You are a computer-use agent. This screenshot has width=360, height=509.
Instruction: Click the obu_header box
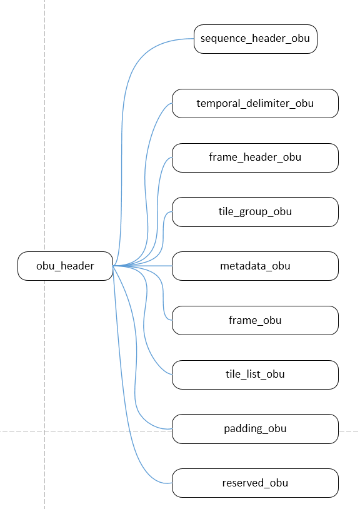coord(65,266)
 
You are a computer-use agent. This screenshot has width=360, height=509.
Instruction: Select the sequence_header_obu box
coord(255,39)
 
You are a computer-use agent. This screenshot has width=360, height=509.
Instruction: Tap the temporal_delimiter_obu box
coord(255,103)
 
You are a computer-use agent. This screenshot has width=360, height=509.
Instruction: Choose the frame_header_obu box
coord(255,158)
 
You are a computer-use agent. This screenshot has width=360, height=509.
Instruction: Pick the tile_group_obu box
coord(255,212)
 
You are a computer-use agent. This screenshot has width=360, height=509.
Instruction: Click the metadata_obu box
coord(255,266)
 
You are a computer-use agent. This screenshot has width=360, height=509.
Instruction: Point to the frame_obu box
coord(255,320)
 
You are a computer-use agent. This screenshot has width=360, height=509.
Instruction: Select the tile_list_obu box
coord(255,375)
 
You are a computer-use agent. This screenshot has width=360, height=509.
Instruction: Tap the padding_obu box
coord(255,428)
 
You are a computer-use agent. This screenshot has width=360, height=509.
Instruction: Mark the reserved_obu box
coord(255,483)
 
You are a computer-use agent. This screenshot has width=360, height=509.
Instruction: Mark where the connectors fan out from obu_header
coord(114,266)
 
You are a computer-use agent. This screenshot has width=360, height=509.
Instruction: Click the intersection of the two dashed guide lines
coord(44,431)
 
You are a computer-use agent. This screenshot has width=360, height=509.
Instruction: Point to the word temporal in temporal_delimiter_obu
coord(217,103)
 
